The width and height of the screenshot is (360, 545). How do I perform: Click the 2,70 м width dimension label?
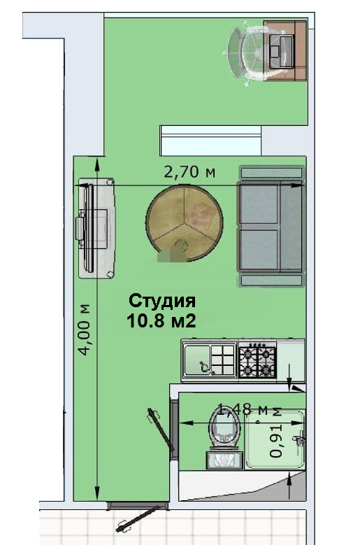click(x=189, y=171)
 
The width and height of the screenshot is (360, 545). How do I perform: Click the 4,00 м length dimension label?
click(x=85, y=330)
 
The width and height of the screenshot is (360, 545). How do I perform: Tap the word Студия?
click(x=161, y=301)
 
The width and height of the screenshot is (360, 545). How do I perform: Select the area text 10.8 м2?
click(x=161, y=320)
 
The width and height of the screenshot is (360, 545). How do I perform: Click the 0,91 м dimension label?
click(x=277, y=432)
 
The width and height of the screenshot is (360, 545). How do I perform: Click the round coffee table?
click(x=185, y=223)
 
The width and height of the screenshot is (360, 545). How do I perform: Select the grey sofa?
click(x=271, y=226)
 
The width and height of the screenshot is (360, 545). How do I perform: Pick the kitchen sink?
click(x=209, y=360)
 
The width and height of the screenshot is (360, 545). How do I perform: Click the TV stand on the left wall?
click(x=96, y=228)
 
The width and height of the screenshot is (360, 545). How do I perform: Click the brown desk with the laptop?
click(x=285, y=51)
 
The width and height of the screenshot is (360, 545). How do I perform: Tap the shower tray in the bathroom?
click(x=275, y=439)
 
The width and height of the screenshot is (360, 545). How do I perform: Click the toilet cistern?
click(x=224, y=460)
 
